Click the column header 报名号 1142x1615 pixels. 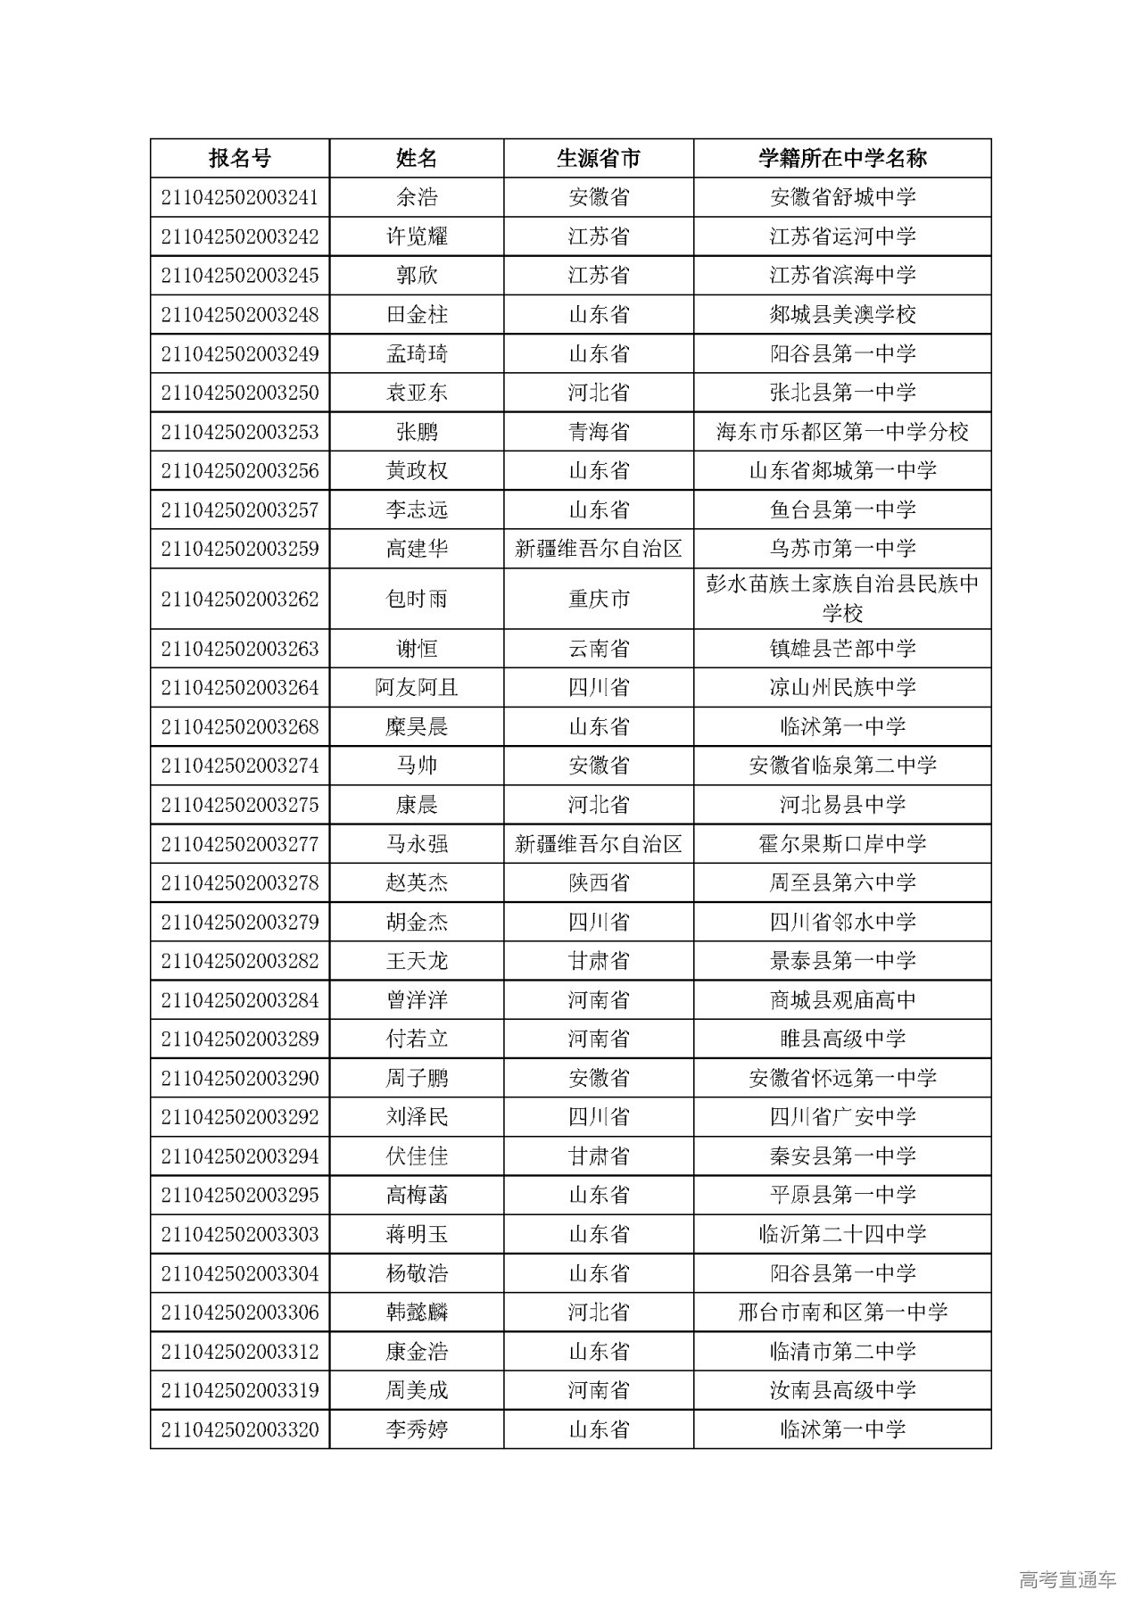coord(239,159)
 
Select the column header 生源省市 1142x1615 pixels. coord(598,159)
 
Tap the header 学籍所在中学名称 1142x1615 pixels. coord(842,159)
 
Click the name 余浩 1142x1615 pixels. coord(417,197)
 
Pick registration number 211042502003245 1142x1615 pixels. coord(239,276)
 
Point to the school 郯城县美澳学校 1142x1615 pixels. coord(842,315)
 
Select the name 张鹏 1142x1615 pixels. coord(417,432)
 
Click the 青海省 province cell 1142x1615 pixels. coord(598,432)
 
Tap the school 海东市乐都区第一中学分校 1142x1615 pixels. coord(842,432)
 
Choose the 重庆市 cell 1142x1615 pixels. coord(598,599)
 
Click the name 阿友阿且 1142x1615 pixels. coord(417,688)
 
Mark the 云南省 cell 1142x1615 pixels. coord(598,649)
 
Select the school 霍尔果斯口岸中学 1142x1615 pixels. coord(842,844)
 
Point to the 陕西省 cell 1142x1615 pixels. coord(598,883)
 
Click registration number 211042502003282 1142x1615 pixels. coord(239,961)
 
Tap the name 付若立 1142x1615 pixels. coord(417,1039)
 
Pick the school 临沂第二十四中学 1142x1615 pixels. coord(842,1235)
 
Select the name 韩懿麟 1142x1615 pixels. coord(417,1313)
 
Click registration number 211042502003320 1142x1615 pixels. coord(239,1430)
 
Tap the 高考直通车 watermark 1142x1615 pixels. coord(1067,1580)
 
